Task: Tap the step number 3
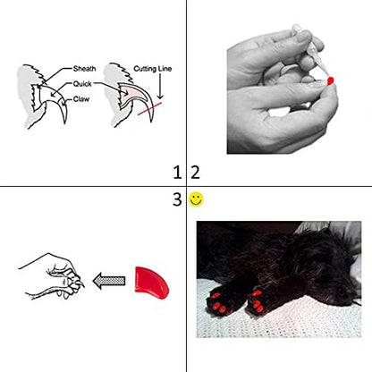pyautogui.click(x=176, y=199)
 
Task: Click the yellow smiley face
pyautogui.click(x=196, y=199)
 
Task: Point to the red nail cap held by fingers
pyautogui.click(x=331, y=80)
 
